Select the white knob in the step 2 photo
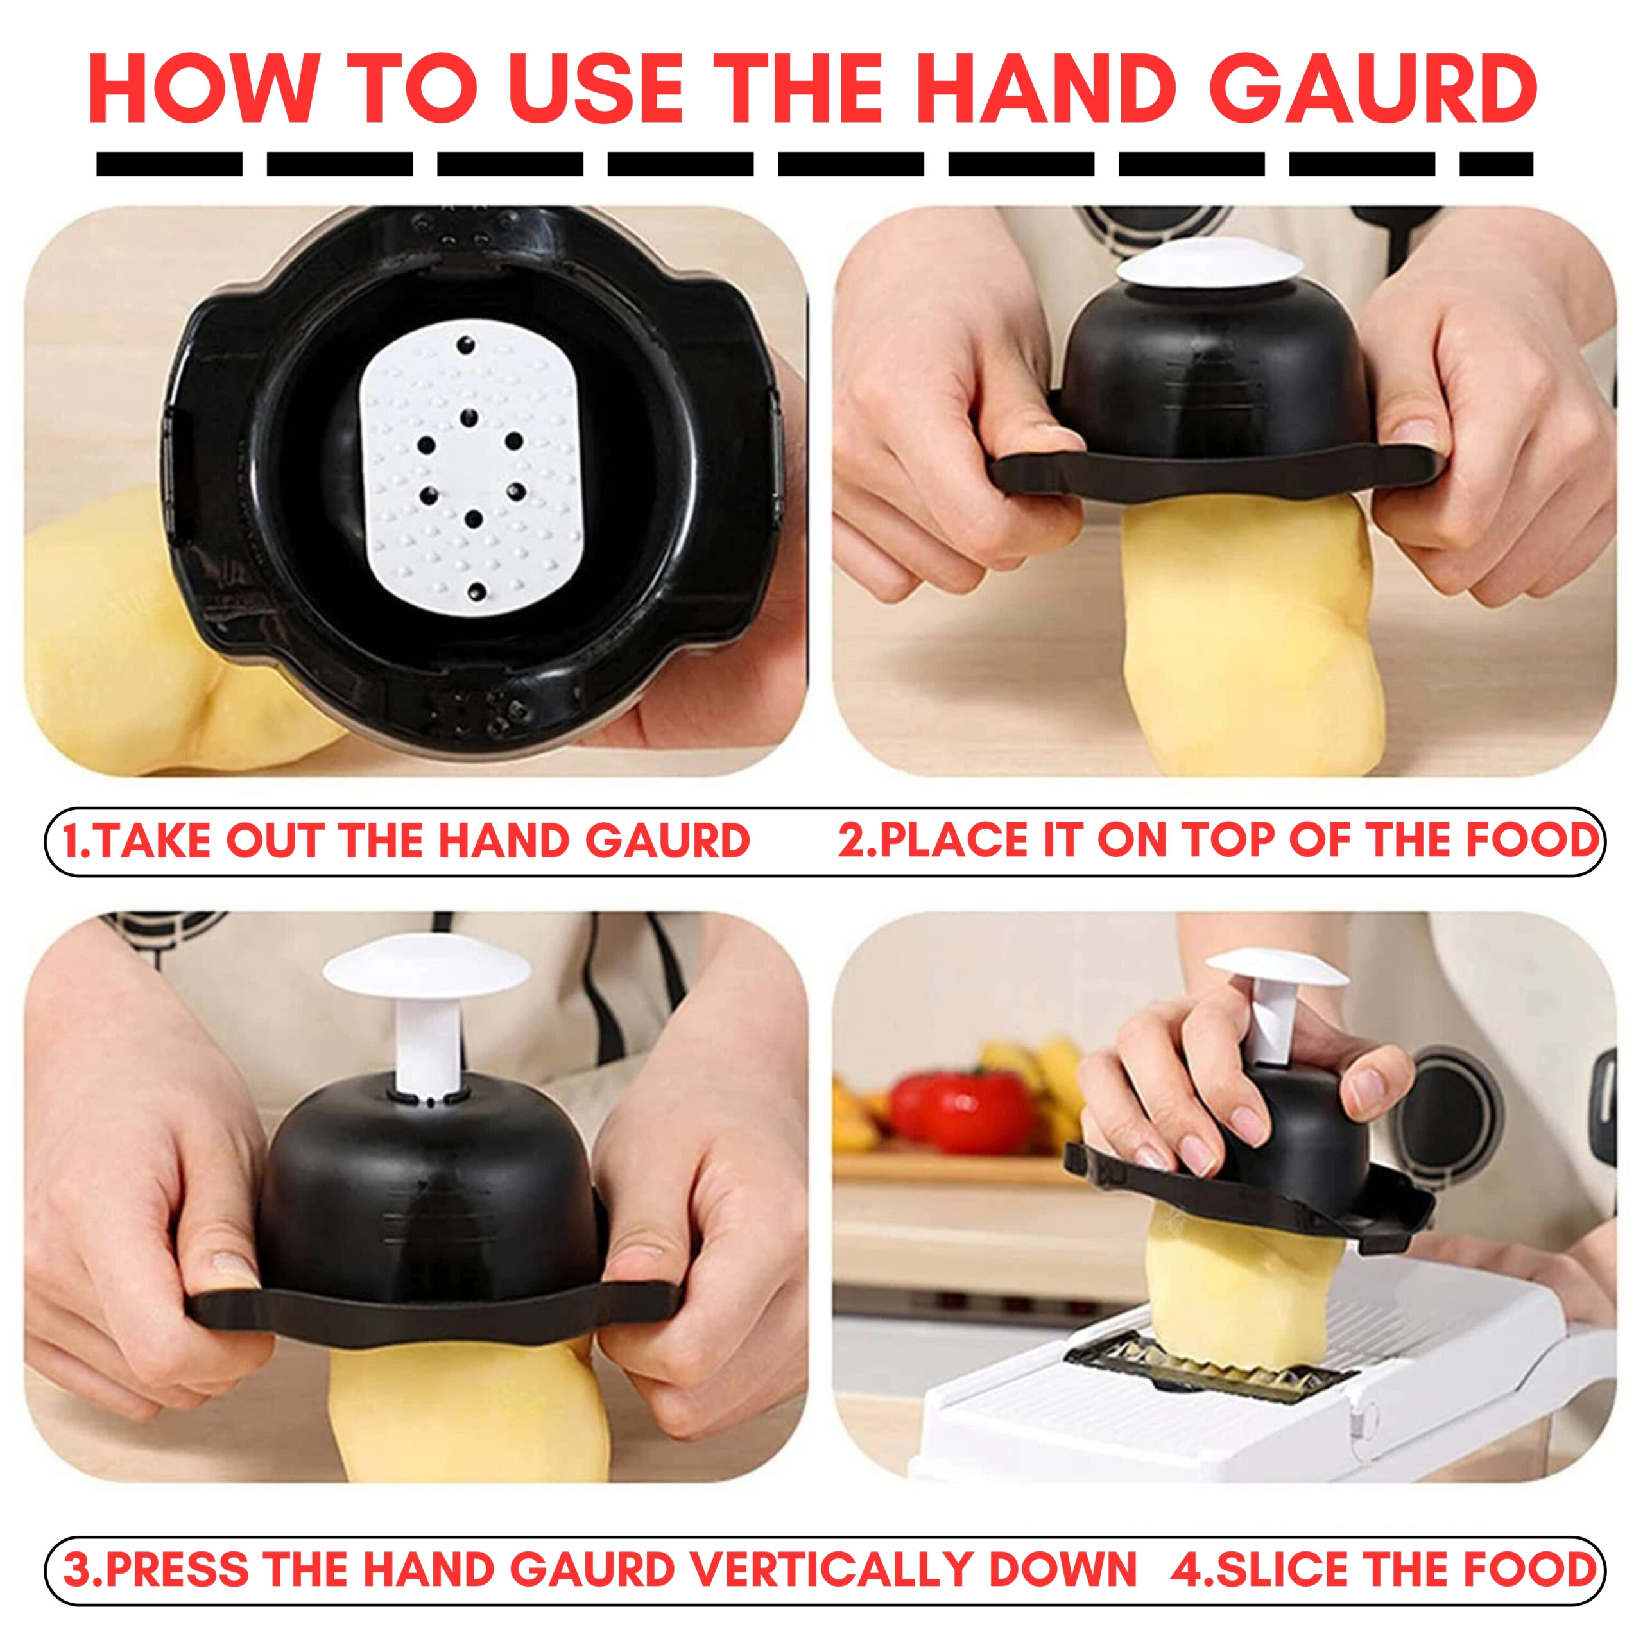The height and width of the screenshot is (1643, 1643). click(1209, 272)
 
